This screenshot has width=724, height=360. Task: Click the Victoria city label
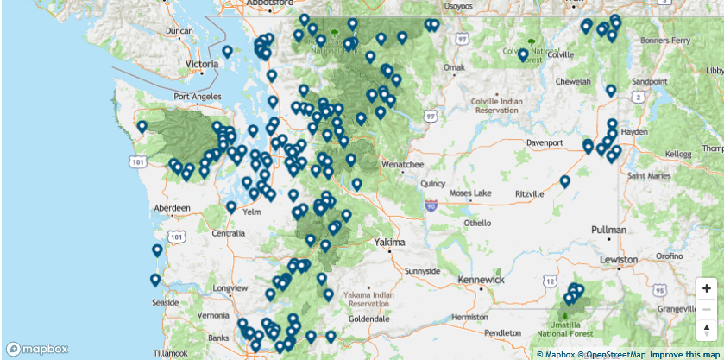(202, 64)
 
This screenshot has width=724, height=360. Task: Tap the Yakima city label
(389, 243)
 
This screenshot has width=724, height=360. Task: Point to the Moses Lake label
(469, 192)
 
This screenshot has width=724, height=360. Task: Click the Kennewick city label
(480, 280)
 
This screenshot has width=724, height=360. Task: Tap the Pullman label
(610, 231)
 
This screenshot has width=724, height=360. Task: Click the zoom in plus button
(707, 288)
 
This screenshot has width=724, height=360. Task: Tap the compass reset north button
(707, 329)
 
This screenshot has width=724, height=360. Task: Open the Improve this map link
(684, 354)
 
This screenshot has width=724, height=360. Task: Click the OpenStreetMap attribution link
(612, 354)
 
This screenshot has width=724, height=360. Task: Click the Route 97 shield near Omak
(463, 39)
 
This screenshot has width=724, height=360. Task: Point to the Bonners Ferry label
(665, 40)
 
